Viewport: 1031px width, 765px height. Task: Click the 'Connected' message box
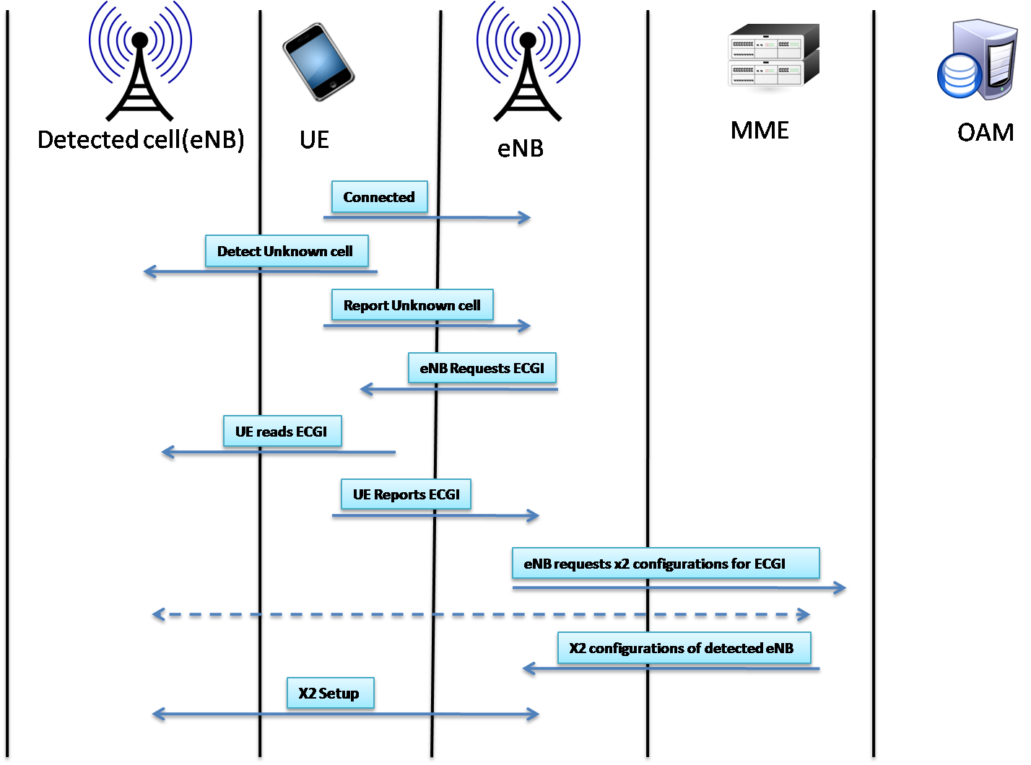(379, 197)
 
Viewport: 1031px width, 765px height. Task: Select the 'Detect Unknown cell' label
(286, 251)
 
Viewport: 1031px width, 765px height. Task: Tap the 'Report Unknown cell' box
(412, 305)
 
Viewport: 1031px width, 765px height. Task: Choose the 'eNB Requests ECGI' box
(482, 368)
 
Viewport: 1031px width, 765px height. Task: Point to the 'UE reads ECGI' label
(282, 432)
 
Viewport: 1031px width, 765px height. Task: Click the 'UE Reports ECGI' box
(406, 494)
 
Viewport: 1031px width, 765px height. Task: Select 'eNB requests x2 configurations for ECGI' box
(665, 564)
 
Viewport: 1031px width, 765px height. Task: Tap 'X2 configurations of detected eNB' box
(684, 648)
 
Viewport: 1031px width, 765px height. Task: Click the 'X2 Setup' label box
(330, 694)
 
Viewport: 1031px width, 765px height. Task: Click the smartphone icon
(318, 61)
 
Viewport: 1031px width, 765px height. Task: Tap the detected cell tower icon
(140, 62)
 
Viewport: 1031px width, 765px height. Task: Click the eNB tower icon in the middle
(528, 62)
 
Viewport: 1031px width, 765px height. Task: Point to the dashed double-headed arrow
(481, 614)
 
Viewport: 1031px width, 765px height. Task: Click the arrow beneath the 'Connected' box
(427, 217)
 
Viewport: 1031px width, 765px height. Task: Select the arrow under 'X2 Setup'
(345, 714)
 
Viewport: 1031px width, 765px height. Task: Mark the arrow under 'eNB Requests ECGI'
(458, 389)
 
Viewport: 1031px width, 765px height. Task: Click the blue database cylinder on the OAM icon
(959, 76)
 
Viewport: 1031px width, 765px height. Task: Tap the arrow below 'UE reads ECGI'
(278, 452)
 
